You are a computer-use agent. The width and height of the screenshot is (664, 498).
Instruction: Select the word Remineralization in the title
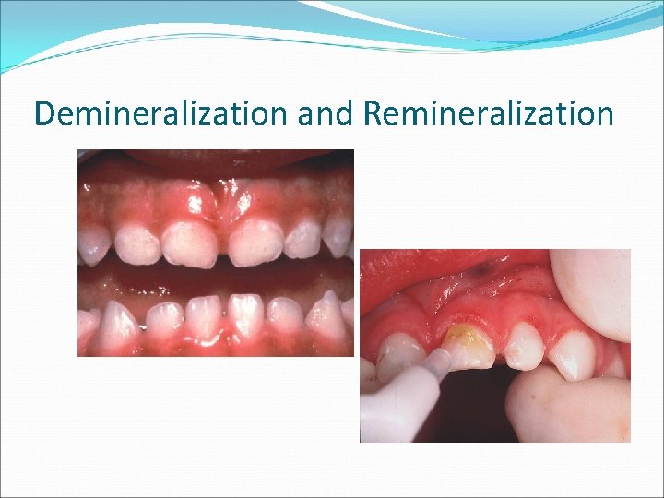coord(489,113)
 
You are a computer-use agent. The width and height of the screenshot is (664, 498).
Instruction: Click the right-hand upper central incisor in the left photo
coord(255,243)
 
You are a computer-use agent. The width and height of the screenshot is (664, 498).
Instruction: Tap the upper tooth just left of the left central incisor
coord(139,244)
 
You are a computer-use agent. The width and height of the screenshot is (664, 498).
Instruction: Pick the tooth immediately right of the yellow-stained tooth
coord(524,347)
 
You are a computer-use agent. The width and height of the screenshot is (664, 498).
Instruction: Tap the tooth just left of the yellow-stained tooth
coord(400,355)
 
